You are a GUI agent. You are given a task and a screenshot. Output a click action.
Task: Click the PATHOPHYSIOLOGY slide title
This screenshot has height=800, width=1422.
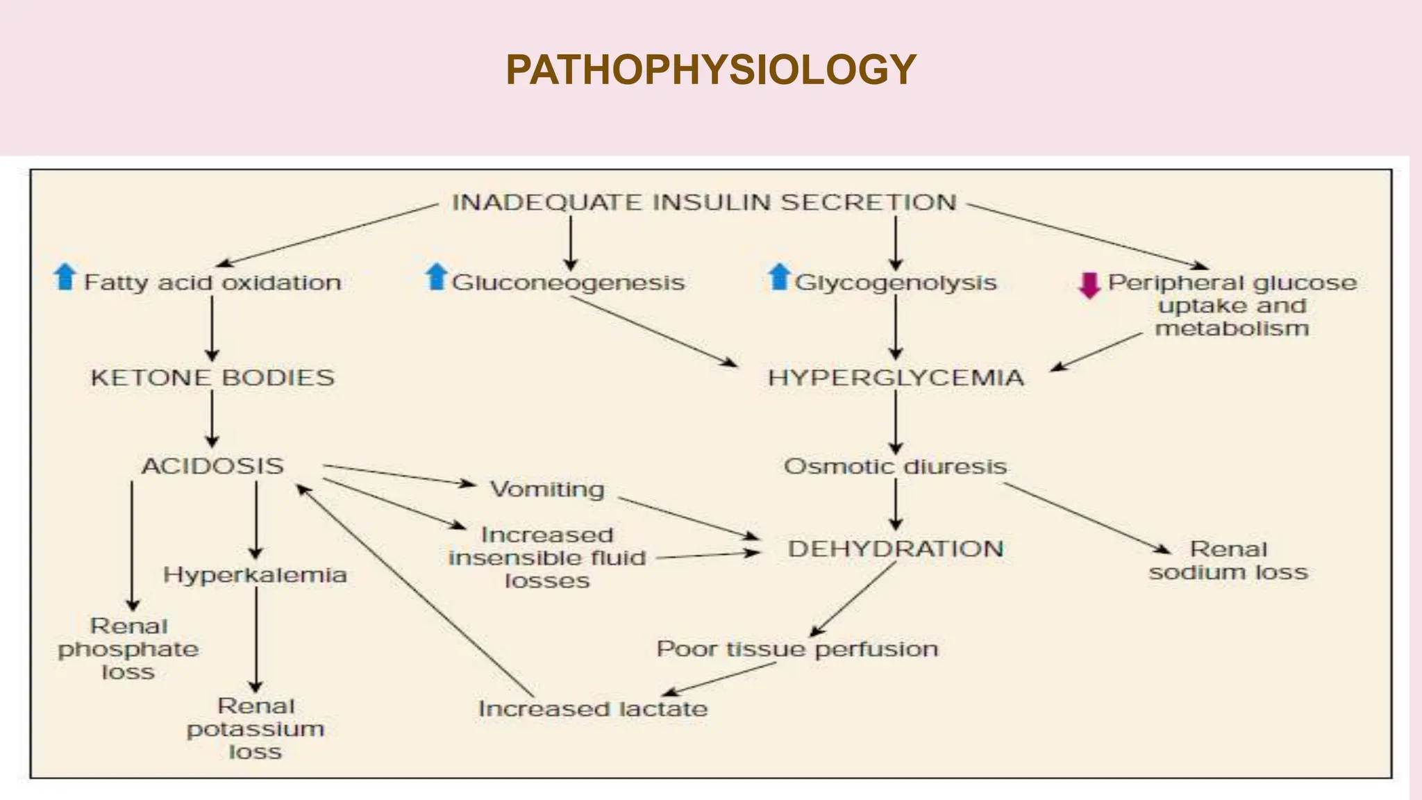711,70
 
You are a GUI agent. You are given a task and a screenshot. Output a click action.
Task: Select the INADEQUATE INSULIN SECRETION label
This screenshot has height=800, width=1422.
704,203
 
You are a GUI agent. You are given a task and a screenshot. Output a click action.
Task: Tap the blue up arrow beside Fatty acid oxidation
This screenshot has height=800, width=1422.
65,277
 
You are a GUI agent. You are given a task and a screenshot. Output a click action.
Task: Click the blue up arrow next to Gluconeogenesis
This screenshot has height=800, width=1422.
436,277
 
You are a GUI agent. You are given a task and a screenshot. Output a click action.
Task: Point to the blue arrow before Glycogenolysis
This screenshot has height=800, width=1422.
780,277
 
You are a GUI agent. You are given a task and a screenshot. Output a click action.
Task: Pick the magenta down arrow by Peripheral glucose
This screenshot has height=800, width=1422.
1089,285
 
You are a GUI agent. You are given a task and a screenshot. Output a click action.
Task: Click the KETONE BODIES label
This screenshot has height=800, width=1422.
212,378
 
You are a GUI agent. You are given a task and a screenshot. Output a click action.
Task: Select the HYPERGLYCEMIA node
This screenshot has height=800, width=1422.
896,378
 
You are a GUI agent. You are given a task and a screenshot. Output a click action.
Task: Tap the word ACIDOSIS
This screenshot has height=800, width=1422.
212,466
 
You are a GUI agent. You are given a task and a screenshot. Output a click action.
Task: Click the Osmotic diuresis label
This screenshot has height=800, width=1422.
895,467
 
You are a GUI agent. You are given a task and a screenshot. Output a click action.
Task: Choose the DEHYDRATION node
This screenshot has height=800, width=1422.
896,549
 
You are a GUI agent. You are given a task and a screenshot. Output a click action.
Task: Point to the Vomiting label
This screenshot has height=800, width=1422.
547,490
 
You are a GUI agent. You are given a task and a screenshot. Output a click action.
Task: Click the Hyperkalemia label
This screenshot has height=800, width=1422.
255,575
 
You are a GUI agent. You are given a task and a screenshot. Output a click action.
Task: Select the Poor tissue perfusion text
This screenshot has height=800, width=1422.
797,649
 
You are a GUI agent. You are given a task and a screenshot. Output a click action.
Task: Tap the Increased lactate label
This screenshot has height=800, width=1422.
593,709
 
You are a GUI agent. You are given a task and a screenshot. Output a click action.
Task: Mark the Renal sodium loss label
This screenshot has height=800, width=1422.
1228,561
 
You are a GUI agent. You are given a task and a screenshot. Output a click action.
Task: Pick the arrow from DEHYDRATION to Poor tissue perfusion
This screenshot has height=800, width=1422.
854,599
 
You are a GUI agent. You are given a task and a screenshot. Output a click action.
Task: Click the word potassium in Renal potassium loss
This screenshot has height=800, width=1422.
256,729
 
